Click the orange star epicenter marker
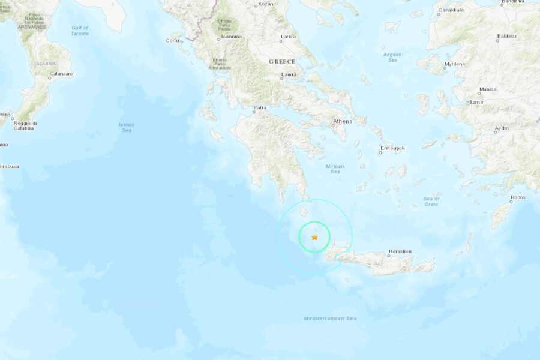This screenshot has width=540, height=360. click(x=314, y=238)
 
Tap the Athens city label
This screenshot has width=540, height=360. click(x=342, y=122)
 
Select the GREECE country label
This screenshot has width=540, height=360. click(x=282, y=62)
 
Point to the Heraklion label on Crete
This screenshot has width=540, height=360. click(x=400, y=251)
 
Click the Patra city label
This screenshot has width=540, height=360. click(x=260, y=108)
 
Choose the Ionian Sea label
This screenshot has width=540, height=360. click(x=127, y=127)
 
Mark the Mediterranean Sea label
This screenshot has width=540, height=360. click(x=330, y=318)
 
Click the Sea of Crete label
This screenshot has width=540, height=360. click(x=431, y=202)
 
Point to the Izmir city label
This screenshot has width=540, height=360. click(x=477, y=103)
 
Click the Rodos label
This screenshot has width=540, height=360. click(x=518, y=197)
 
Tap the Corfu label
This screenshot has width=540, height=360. click(x=173, y=41)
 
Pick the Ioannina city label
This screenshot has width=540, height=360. click(x=231, y=37)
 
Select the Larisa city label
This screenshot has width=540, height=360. click(x=289, y=37)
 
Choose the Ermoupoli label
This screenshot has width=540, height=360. click(x=392, y=148)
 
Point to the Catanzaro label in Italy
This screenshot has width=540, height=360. click(x=61, y=74)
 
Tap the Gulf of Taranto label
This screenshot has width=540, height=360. click(x=80, y=31)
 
